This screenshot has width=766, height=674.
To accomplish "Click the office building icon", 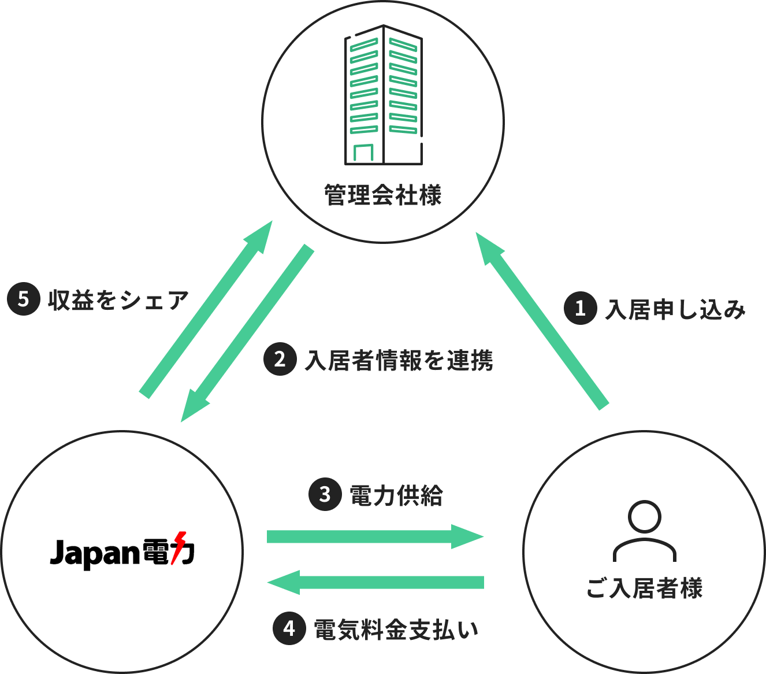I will point(383,95).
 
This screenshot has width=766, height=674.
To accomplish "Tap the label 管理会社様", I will point(383,195).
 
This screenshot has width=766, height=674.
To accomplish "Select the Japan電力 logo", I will point(122,551).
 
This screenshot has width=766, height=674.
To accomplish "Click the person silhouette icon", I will point(644,531).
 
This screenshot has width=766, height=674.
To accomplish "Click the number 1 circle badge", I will point(580,308).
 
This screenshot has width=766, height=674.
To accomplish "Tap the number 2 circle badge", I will point(280,359).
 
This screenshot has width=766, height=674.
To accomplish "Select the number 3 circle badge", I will point(325,494).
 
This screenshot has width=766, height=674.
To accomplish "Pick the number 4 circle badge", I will point(289,628).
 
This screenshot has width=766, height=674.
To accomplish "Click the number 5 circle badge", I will point(23,299).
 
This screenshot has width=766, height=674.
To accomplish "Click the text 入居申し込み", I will point(675,310).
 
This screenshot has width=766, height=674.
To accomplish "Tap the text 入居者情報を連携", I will point(399,361).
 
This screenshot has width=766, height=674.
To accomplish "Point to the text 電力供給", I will point(396,495).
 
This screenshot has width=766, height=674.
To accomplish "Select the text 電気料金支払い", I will point(396,629).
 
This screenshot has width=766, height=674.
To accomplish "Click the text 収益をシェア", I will point(118,300).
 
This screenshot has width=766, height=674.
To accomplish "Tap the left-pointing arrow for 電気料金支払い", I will point(375,582).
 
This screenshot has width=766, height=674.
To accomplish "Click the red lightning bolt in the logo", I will point(179,547).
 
